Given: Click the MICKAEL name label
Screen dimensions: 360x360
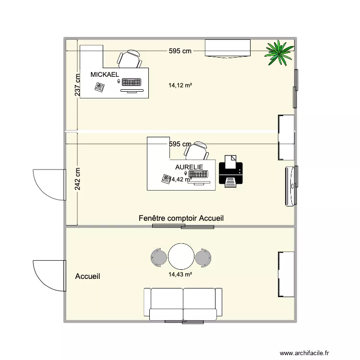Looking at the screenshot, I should (105, 75).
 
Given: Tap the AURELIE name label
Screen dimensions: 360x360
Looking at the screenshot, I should (189, 167).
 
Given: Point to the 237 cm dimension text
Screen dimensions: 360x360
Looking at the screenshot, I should (77, 84).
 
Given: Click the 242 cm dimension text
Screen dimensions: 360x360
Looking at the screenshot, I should (77, 179).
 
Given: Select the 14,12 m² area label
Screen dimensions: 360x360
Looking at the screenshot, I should (180, 86).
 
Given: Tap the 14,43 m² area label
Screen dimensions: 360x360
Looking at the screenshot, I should (180, 275).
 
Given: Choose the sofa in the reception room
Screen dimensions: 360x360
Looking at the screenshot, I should (183, 303).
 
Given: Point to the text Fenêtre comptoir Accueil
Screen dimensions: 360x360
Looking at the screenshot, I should (181, 218).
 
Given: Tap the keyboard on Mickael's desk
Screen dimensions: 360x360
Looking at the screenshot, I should (132, 82).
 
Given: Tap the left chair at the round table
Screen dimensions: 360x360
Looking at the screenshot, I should (158, 257).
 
